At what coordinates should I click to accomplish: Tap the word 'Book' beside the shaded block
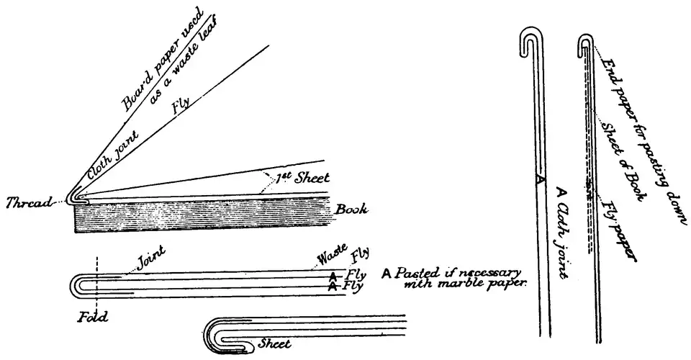point(351,210)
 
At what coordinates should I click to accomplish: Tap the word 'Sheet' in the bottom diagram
point(274,344)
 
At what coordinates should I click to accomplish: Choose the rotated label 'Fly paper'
point(618,228)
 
